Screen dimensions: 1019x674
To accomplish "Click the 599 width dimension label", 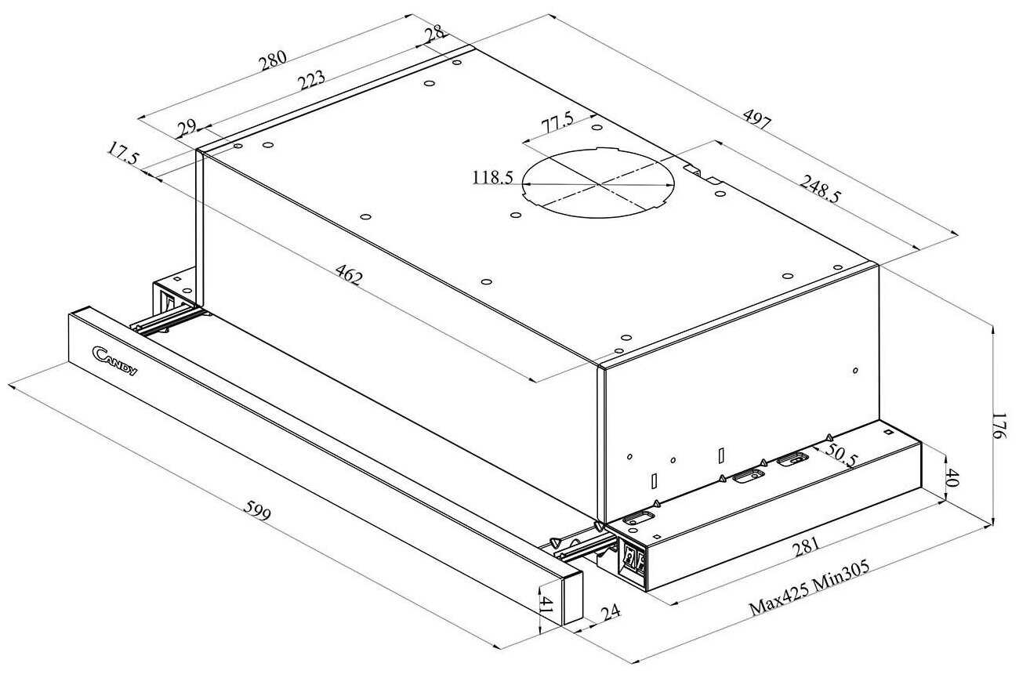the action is click(257, 510).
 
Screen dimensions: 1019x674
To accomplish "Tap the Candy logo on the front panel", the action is click(114, 361).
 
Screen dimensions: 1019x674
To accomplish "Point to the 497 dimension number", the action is click(757, 119).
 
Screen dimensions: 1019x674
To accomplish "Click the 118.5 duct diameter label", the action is click(493, 177).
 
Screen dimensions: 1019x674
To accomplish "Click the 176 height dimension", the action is click(999, 426).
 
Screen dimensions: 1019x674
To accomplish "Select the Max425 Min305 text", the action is click(810, 588).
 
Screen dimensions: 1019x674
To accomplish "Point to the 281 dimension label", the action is click(807, 547).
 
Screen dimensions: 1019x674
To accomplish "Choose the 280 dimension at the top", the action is click(274, 61).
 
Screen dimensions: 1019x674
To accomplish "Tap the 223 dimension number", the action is click(311, 80).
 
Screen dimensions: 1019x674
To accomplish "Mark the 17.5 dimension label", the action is click(123, 154).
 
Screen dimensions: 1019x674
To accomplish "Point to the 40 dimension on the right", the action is click(952, 477).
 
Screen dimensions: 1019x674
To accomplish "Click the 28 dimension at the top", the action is click(435, 34).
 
